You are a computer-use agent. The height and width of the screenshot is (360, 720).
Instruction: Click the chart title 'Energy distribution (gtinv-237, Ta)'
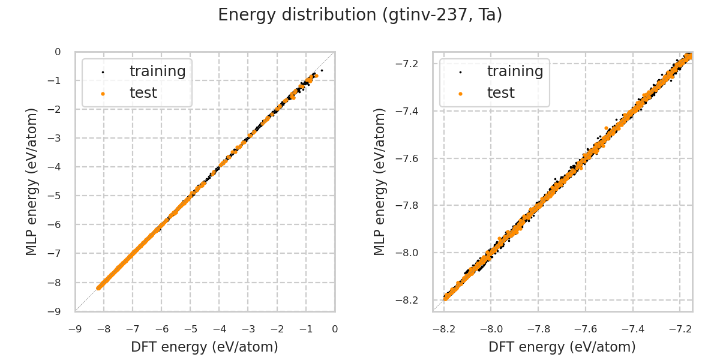pos(360,15)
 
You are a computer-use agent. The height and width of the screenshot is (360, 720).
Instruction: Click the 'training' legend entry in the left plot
pos(157,71)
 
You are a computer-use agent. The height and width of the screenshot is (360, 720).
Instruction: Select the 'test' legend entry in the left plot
pos(143,93)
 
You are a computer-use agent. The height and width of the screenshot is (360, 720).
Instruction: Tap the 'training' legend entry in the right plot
pos(515,71)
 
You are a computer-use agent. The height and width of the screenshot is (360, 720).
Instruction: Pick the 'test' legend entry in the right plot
pos(500,93)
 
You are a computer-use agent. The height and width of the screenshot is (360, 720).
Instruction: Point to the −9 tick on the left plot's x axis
pos(75,329)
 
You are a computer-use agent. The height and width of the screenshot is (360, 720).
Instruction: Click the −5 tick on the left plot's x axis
pos(190,329)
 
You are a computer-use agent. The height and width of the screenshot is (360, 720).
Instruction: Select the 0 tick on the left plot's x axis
pos(335,329)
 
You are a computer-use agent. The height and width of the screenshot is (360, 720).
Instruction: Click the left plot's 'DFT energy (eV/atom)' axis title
pos(205,347)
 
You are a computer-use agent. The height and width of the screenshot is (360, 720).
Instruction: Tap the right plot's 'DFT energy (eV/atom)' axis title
pos(562,347)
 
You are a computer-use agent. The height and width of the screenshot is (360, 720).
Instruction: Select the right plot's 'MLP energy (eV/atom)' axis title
pos(380,181)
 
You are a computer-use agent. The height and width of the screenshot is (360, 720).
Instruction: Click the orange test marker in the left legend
pos(103,94)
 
